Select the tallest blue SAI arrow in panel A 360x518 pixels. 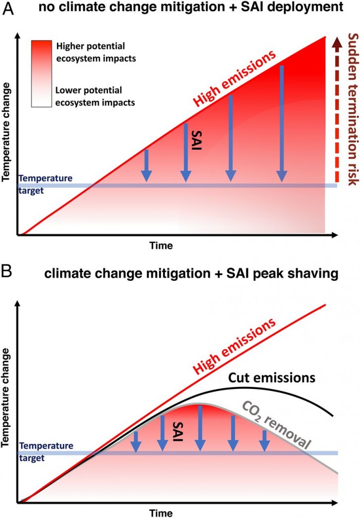pyautogui.click(x=281, y=123)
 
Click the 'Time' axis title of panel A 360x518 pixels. pyautogui.click(x=161, y=246)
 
